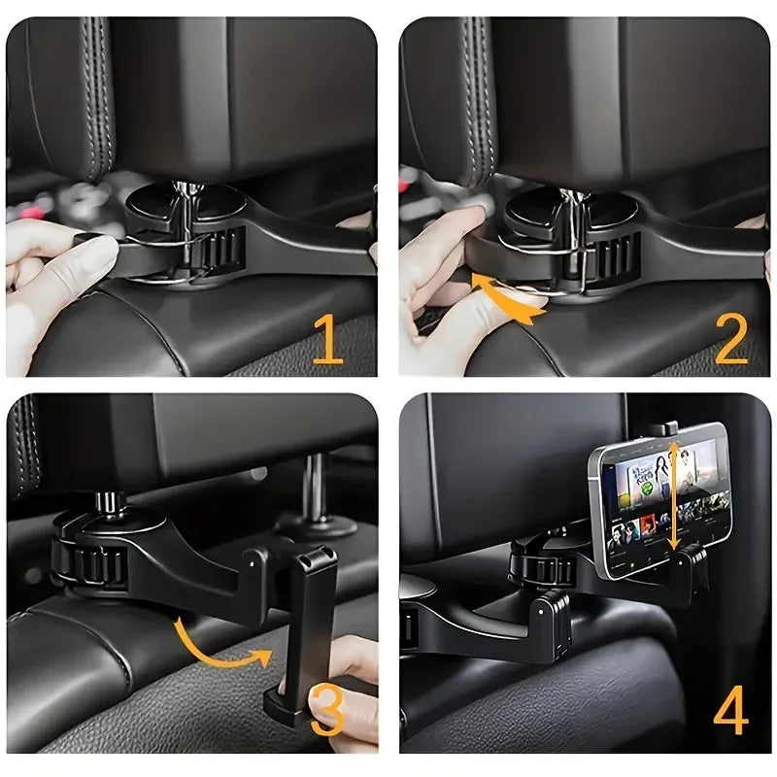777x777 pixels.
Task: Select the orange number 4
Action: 730,714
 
